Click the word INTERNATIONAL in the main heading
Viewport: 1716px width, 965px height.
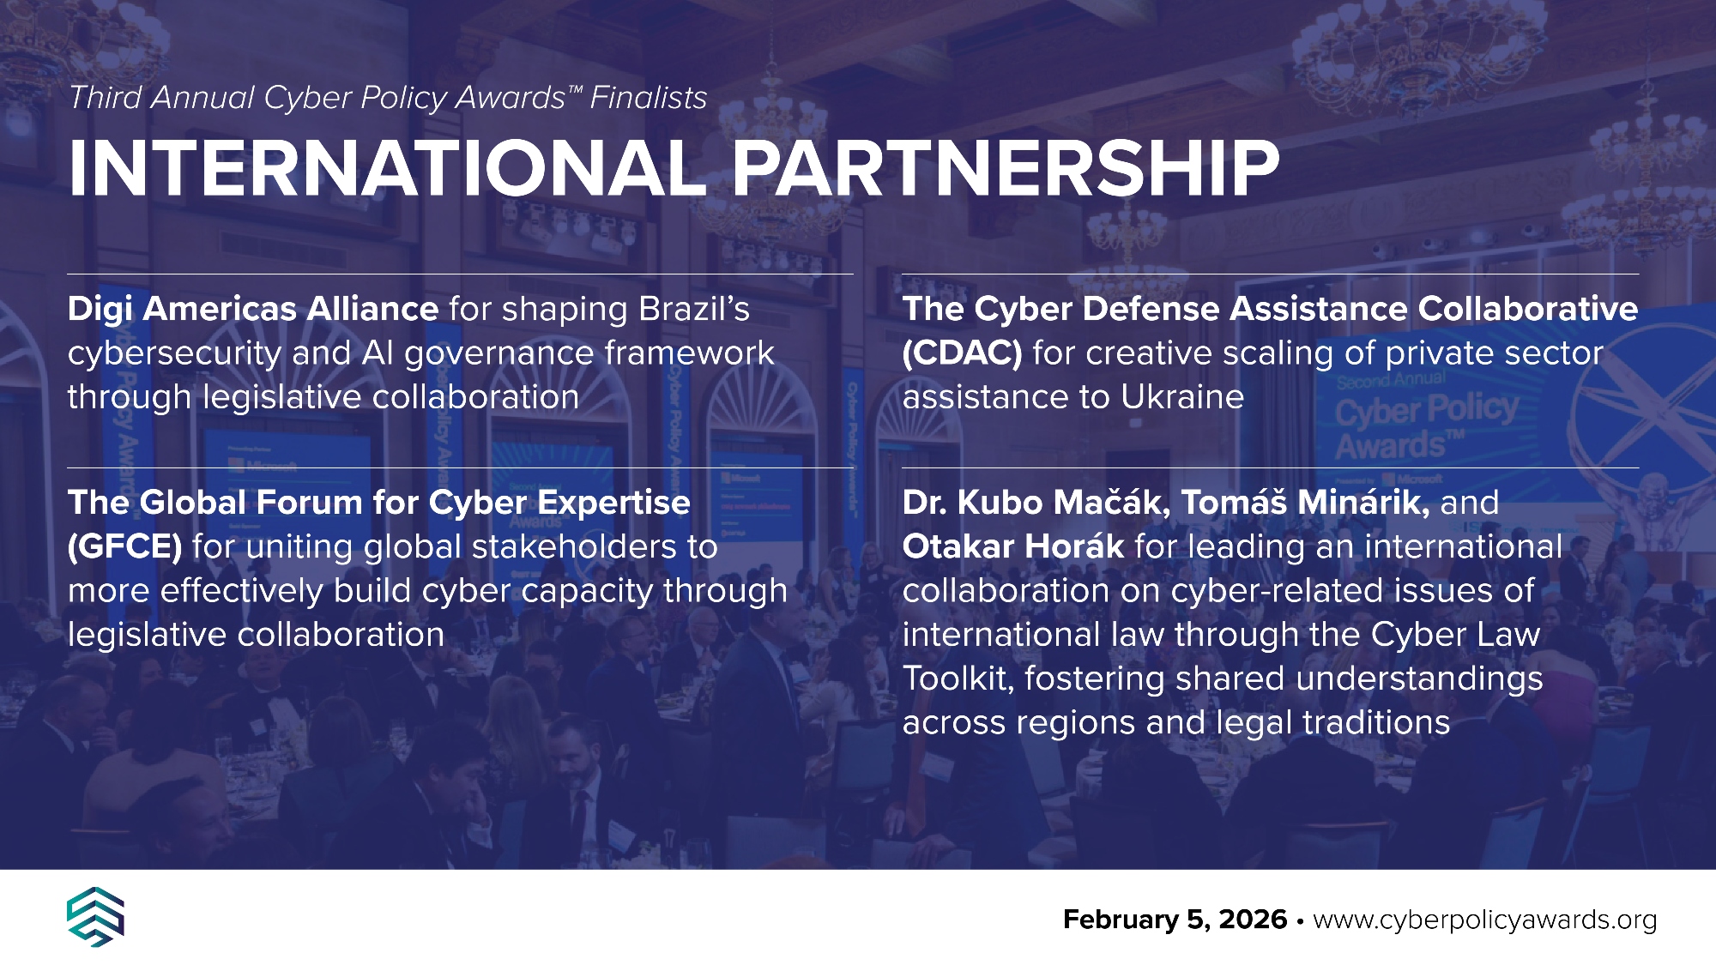tap(386, 168)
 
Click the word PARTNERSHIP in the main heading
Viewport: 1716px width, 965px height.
tap(1006, 168)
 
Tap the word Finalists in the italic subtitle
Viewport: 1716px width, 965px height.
tap(649, 98)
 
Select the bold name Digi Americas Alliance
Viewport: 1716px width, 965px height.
tap(253, 309)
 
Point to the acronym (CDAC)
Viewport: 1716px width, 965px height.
tap(962, 353)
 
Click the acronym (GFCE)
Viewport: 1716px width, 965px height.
tap(124, 547)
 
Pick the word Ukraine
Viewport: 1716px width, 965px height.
tap(1182, 397)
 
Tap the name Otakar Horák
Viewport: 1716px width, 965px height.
tap(1013, 546)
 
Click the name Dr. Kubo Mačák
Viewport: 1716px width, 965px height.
tap(1036, 503)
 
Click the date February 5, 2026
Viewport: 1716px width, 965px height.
tap(1175, 920)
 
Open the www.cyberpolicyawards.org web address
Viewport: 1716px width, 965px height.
tap(1485, 920)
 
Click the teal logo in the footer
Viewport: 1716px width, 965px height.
tap(95, 917)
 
